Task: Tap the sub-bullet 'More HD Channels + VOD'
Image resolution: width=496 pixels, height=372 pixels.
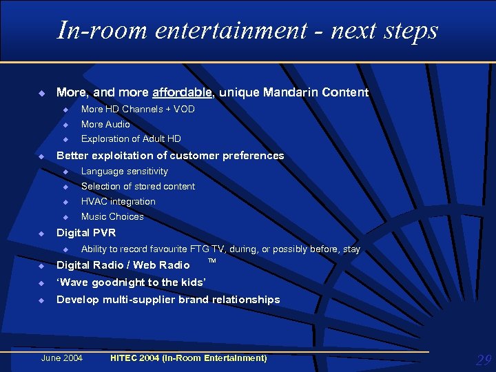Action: click(x=138, y=109)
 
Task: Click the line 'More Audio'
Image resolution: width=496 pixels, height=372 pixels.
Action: click(x=105, y=124)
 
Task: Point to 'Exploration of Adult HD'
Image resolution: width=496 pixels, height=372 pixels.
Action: click(x=131, y=139)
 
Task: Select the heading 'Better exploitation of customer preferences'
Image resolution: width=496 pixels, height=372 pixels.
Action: click(x=169, y=156)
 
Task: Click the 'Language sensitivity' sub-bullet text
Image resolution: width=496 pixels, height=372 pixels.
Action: click(x=124, y=171)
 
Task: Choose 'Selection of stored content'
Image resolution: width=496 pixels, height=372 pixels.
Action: click(x=138, y=186)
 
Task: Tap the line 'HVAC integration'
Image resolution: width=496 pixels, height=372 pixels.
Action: click(x=118, y=201)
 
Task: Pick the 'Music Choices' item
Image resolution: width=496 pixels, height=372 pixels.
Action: click(x=112, y=216)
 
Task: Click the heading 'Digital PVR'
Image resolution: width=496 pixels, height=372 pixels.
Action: click(x=85, y=233)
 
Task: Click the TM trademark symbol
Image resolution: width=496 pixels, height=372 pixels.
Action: click(x=212, y=261)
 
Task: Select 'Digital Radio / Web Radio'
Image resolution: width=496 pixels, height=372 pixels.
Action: click(x=123, y=265)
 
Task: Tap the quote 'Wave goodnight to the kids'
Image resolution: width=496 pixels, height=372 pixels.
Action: click(x=130, y=282)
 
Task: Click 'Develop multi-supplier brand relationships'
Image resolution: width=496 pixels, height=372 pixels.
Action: click(x=167, y=300)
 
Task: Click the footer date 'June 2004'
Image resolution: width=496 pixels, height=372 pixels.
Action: click(x=62, y=358)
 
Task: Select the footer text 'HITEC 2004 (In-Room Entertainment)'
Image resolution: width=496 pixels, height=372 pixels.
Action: click(x=188, y=358)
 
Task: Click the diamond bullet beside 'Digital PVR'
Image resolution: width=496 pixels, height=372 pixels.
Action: click(x=41, y=233)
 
